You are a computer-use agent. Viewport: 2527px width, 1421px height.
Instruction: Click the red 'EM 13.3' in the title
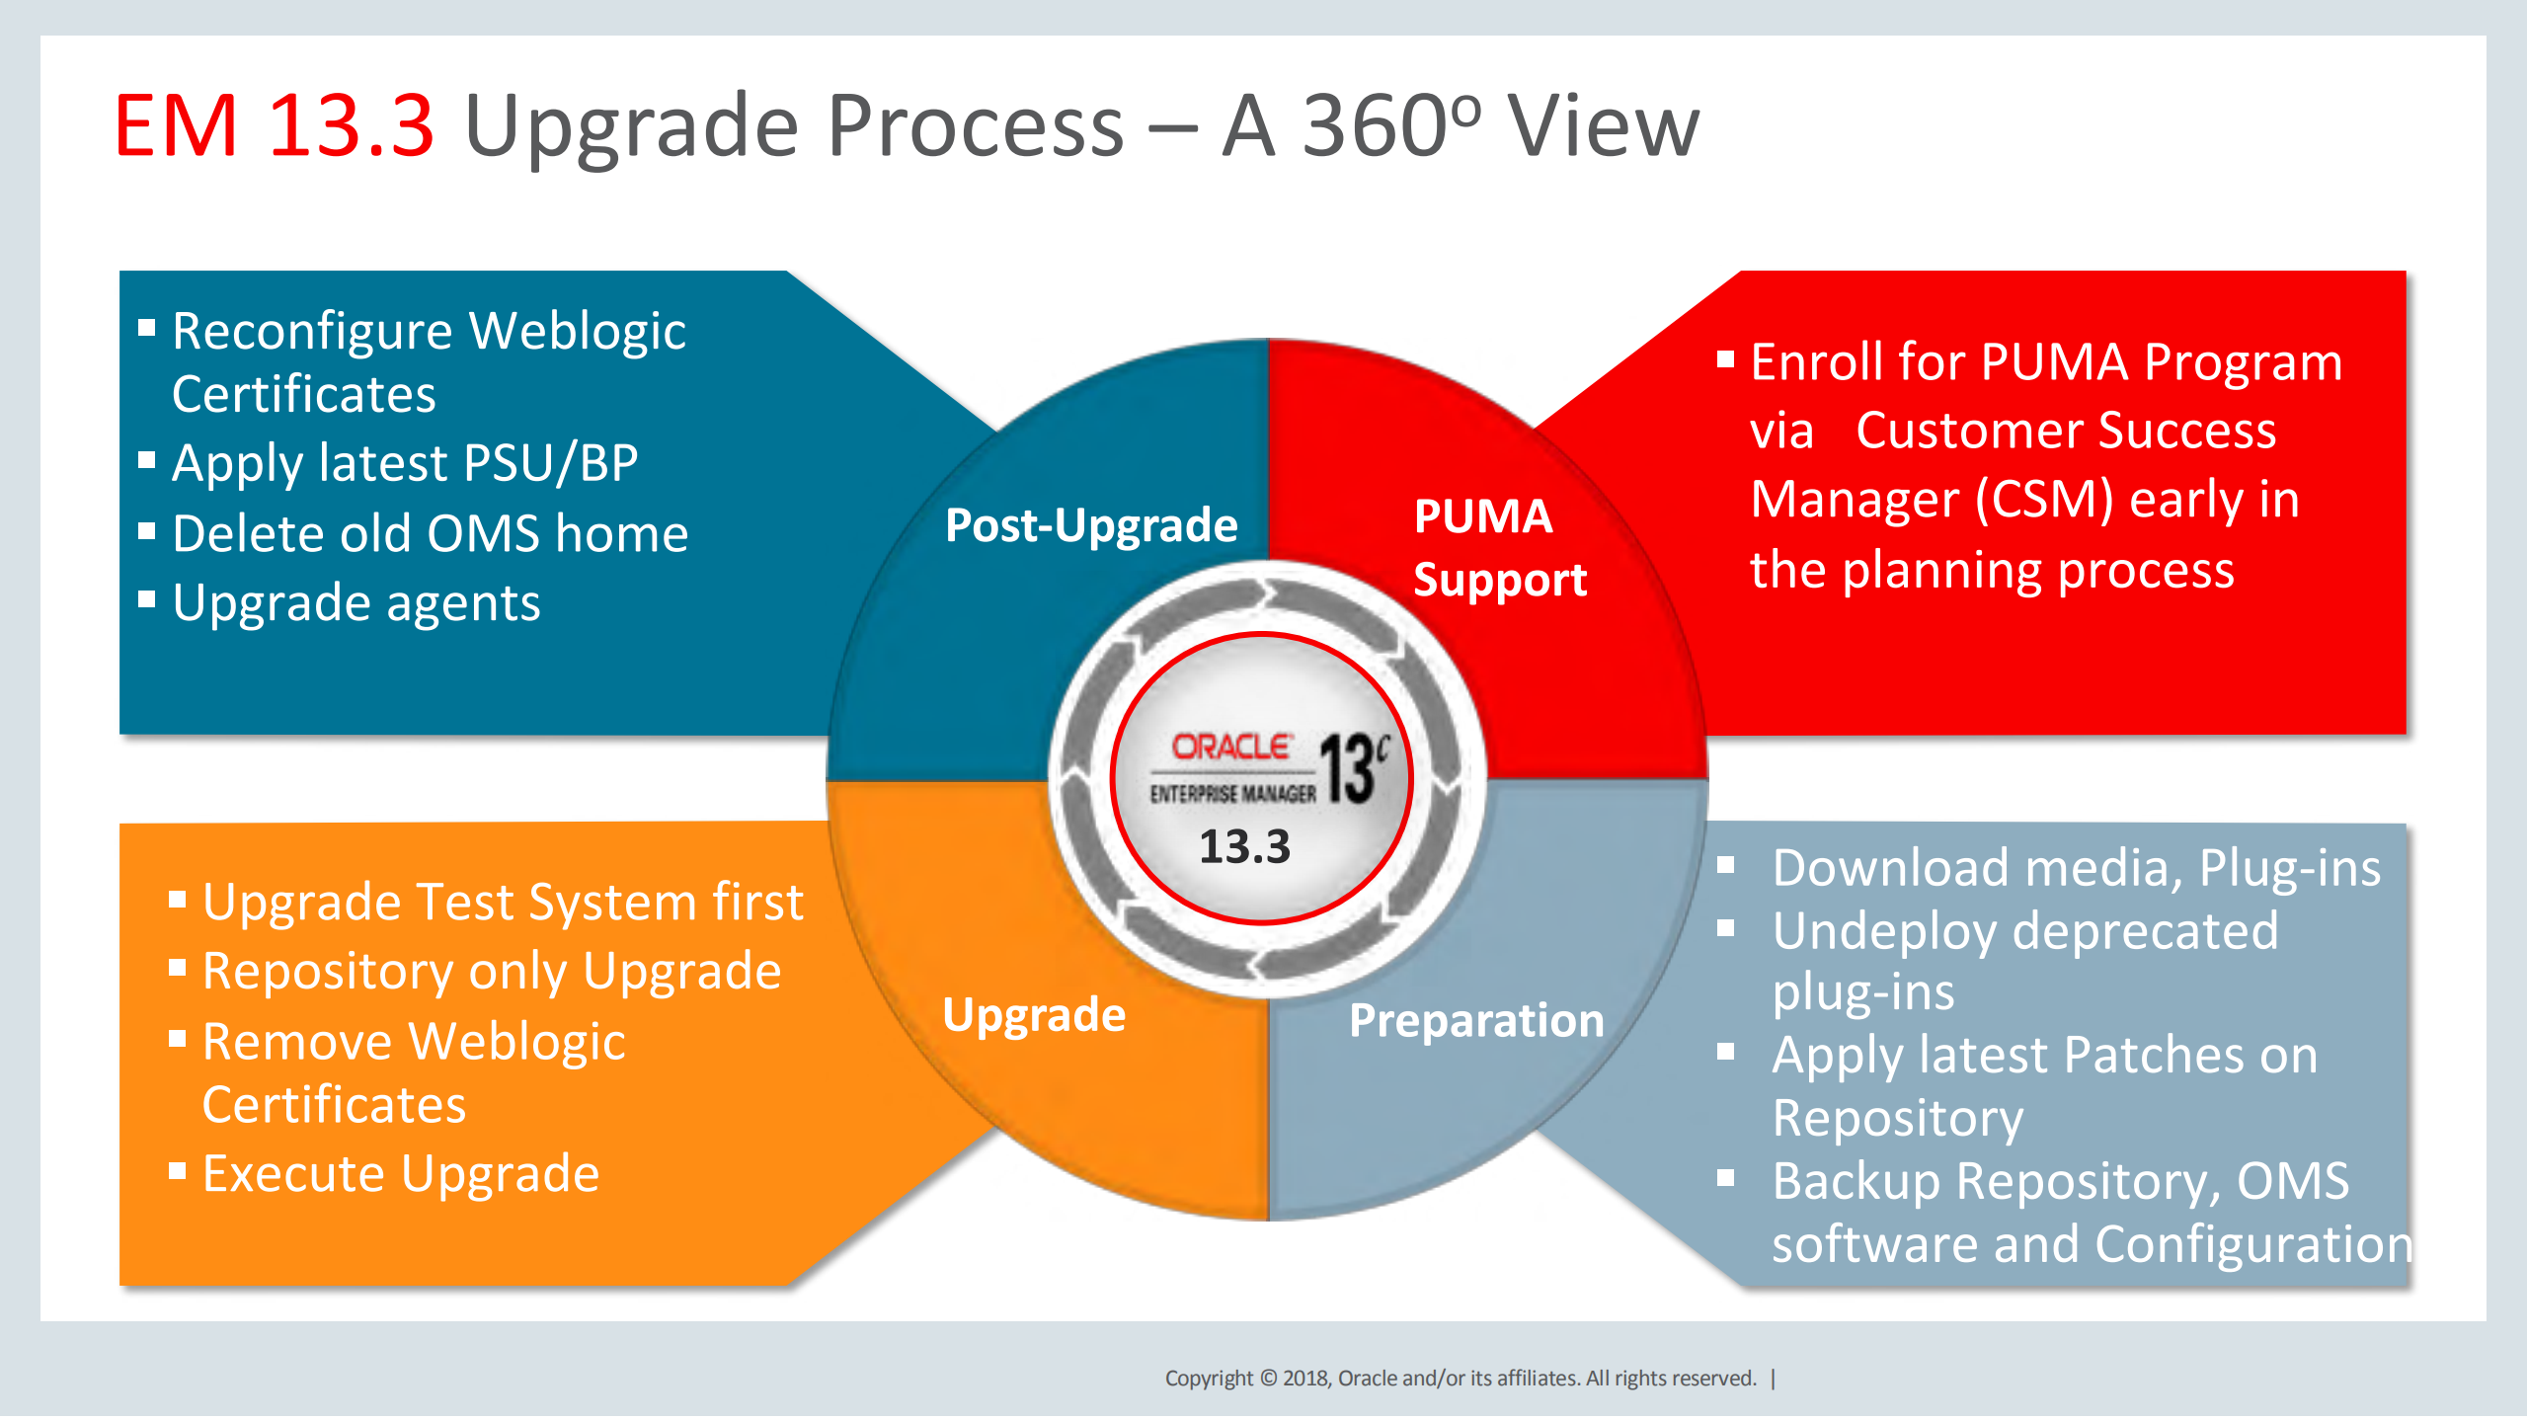pyautogui.click(x=274, y=125)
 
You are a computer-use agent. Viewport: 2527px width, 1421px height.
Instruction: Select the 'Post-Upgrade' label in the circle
pyautogui.click(x=1090, y=524)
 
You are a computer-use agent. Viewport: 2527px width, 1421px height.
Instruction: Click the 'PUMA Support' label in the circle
pyautogui.click(x=1499, y=547)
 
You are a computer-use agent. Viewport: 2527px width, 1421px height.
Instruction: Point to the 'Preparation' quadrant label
pyautogui.click(x=1476, y=1020)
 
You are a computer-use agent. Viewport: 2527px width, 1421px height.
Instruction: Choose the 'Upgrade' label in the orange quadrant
pyautogui.click(x=1033, y=1015)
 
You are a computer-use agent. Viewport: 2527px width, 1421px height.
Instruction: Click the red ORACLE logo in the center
pyautogui.click(x=1231, y=747)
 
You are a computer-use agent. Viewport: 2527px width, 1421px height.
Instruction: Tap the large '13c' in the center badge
pyautogui.click(x=1352, y=769)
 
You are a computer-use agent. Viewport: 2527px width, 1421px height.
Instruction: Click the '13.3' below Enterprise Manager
pyautogui.click(x=1244, y=847)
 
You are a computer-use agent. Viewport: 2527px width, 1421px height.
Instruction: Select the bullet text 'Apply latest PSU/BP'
pyautogui.click(x=405, y=463)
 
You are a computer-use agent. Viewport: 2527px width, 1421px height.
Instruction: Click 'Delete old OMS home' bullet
pyautogui.click(x=430, y=534)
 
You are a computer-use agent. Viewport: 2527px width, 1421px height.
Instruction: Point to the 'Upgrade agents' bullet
pyautogui.click(x=355, y=603)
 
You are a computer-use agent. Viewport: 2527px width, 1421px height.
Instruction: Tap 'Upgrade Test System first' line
pyautogui.click(x=503, y=903)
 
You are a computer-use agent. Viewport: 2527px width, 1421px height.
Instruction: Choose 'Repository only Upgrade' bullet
pyautogui.click(x=492, y=972)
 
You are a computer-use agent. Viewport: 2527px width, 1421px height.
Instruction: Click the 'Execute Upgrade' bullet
pyautogui.click(x=400, y=1174)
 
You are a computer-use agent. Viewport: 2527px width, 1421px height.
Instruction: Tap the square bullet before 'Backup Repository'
pyautogui.click(x=1725, y=1177)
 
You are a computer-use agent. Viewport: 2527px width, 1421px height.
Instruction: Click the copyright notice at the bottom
pyautogui.click(x=1460, y=1379)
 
